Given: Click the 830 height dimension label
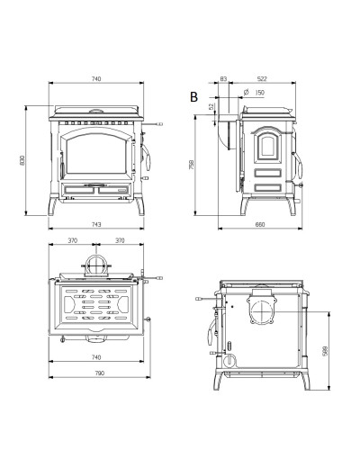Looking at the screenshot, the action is tap(22, 160).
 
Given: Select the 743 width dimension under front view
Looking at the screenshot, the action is tap(96, 224).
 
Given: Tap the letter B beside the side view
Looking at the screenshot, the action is tap(193, 97).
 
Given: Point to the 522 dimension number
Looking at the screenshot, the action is tap(262, 79).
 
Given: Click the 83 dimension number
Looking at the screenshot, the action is tap(223, 79).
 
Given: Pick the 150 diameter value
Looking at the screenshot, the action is tap(259, 93).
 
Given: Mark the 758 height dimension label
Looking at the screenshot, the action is tap(192, 165).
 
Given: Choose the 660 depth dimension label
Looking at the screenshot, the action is tap(260, 224).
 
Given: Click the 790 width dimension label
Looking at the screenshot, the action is tap(100, 373).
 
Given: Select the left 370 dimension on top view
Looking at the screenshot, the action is tap(73, 240).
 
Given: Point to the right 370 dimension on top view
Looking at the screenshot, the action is tap(120, 240).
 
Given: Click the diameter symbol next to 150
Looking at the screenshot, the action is tap(247, 92).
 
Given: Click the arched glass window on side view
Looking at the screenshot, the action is tap(267, 145).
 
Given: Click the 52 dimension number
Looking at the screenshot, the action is tap(211, 107).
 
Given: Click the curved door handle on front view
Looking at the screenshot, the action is tap(147, 157).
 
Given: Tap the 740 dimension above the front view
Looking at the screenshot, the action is tap(96, 79).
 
